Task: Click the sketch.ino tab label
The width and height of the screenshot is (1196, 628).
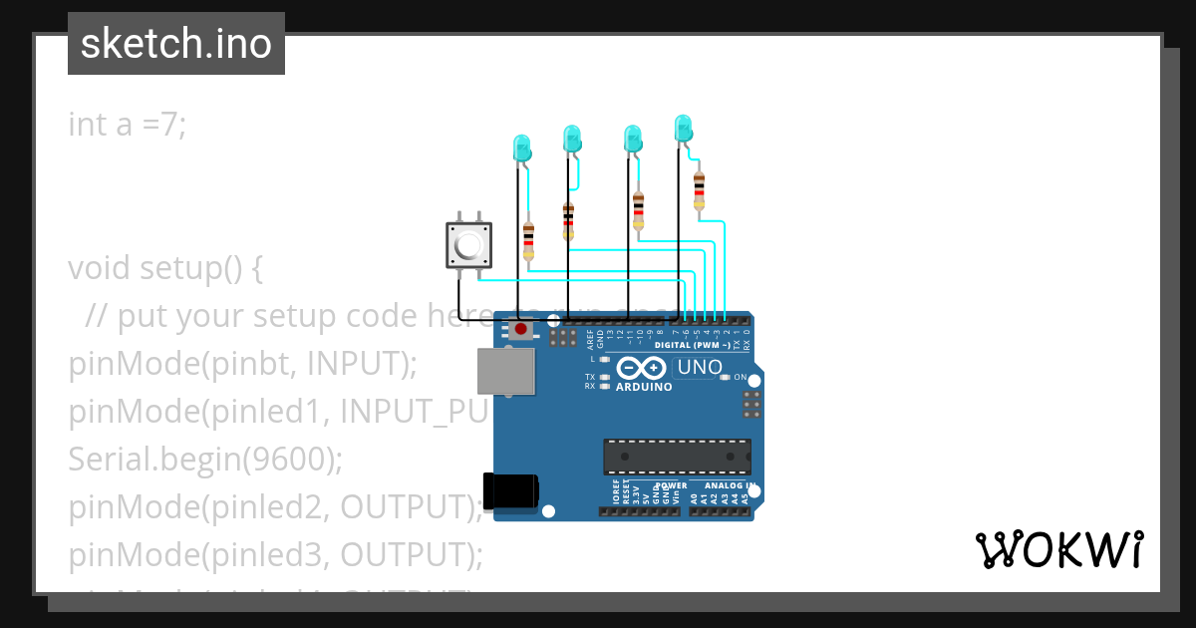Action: click(x=176, y=44)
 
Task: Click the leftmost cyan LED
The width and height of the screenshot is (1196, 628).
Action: click(x=520, y=149)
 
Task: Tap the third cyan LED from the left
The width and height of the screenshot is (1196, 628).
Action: click(x=632, y=138)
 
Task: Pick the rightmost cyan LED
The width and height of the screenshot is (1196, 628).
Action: click(x=683, y=128)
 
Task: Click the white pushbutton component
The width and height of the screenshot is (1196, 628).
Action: click(x=468, y=244)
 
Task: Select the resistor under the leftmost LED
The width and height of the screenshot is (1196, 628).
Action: click(x=528, y=240)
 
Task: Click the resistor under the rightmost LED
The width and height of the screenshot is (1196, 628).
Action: click(x=699, y=188)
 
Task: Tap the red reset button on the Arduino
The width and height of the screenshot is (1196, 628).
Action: click(x=520, y=328)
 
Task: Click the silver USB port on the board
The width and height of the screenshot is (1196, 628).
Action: click(x=505, y=371)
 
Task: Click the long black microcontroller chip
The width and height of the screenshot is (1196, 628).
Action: click(x=677, y=456)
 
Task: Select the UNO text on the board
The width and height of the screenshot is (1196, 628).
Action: click(x=700, y=367)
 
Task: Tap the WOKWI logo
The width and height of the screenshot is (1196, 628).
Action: click(x=1058, y=549)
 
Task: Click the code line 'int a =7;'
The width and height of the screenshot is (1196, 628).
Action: click(x=128, y=125)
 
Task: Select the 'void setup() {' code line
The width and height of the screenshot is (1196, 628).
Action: click(x=165, y=268)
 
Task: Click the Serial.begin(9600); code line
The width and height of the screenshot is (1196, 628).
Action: click(x=205, y=460)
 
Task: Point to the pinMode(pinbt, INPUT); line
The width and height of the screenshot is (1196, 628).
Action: click(x=242, y=364)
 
